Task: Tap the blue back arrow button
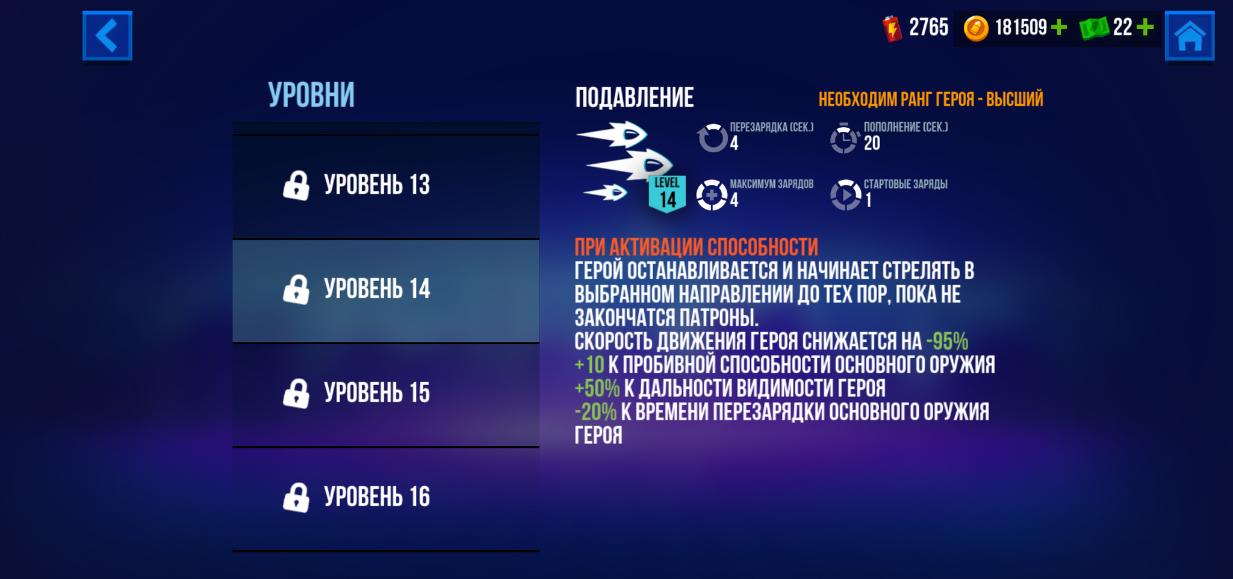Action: pos(107,36)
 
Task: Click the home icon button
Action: pos(1190,36)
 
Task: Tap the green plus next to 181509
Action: pos(1058,27)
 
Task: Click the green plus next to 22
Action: pos(1145,27)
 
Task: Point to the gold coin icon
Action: pos(976,28)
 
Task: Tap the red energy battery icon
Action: pos(892,28)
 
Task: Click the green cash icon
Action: pos(1094,28)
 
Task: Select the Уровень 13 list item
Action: pos(386,187)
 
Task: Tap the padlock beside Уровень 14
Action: pos(296,289)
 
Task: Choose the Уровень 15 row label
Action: pos(377,393)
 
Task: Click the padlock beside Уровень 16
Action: pos(296,498)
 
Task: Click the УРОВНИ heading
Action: pos(311,95)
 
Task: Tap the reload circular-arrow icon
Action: pos(713,138)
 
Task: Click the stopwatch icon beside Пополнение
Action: pos(844,138)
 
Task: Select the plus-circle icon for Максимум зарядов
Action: pos(712,195)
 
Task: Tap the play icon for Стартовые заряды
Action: pos(846,195)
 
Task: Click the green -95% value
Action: pos(947,341)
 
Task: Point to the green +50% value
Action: pos(597,388)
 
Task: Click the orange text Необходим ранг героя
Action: pos(896,99)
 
